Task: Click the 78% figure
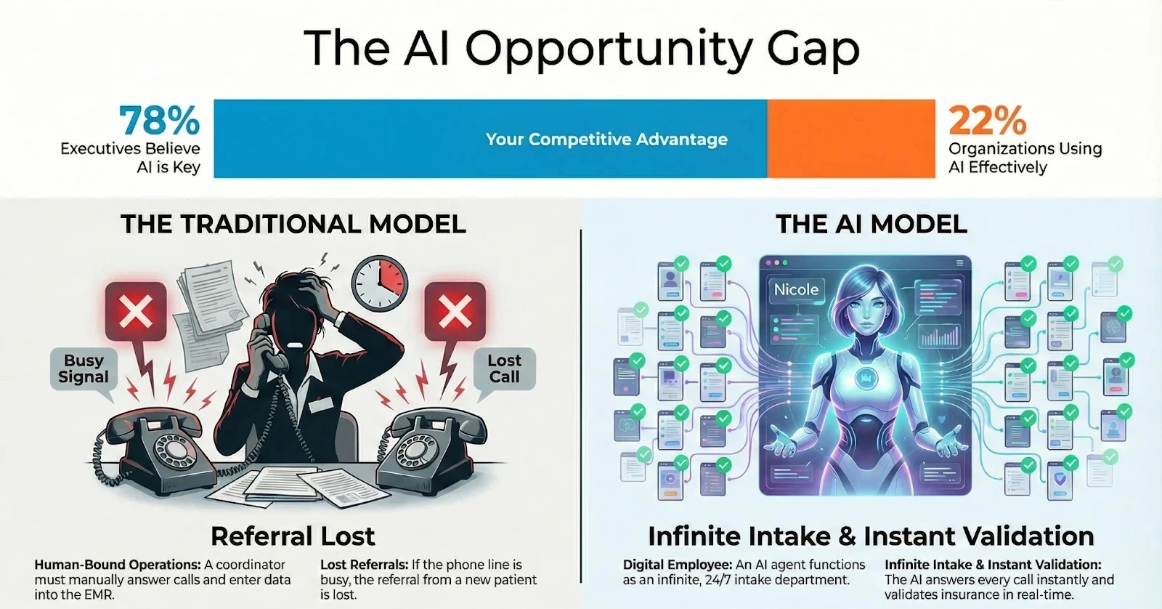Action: coord(159,121)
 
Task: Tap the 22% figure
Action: coord(987,121)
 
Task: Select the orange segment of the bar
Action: coord(850,139)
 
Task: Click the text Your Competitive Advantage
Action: coord(606,140)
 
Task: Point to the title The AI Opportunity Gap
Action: coord(581,48)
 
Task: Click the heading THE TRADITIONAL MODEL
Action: coord(293,224)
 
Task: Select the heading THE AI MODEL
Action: coord(871,224)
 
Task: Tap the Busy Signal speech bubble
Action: coord(84,369)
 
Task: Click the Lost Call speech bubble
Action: coord(504,369)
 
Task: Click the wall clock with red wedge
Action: coord(380,283)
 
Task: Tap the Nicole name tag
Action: coord(796,290)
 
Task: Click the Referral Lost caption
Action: coord(293,536)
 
